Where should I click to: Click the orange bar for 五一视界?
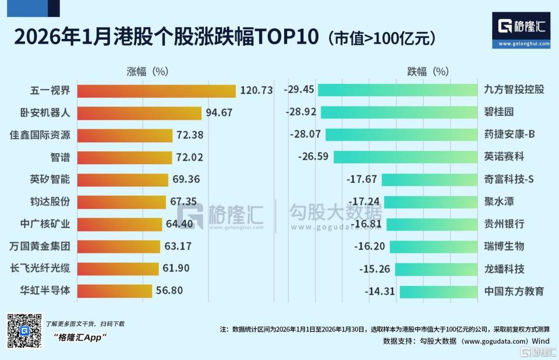click(x=156, y=91)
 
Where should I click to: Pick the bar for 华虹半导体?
click(x=114, y=291)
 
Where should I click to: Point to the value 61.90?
click(x=177, y=269)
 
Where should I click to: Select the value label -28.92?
click(x=302, y=112)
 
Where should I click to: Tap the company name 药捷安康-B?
click(x=509, y=135)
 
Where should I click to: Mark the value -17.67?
click(x=362, y=179)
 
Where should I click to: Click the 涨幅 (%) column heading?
click(x=147, y=71)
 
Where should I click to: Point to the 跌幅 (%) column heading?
click(x=427, y=71)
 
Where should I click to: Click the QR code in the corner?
click(x=24, y=331)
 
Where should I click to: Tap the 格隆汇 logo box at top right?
click(x=521, y=30)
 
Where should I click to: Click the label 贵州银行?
click(x=504, y=224)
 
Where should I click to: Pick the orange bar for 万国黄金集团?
click(x=118, y=246)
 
